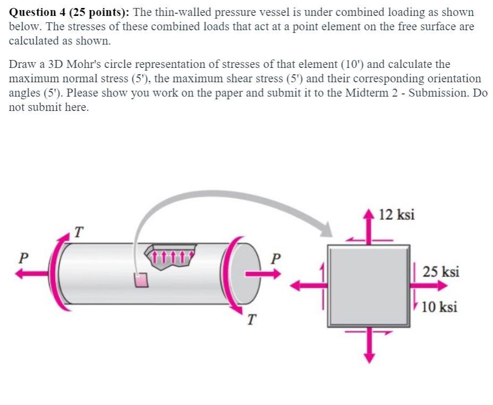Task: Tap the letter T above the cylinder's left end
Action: (79, 232)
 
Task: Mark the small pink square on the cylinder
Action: (141, 279)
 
